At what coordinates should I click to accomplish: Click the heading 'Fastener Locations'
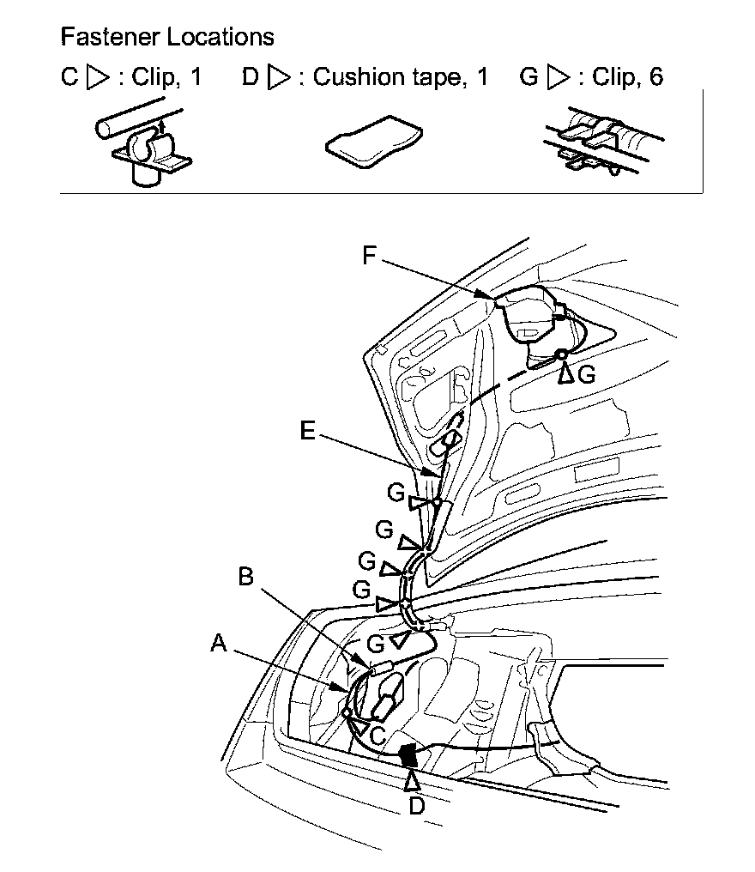pyautogui.click(x=167, y=37)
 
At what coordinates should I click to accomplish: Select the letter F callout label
pyautogui.click(x=370, y=257)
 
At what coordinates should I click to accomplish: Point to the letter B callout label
pyautogui.click(x=246, y=577)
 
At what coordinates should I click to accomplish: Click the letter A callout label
pyautogui.click(x=220, y=643)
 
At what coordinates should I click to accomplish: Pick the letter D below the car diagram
pyautogui.click(x=415, y=806)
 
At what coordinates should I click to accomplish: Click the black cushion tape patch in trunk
pyautogui.click(x=409, y=756)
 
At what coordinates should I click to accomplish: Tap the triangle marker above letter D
pyautogui.click(x=413, y=780)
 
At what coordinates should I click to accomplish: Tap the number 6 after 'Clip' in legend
pyautogui.click(x=656, y=77)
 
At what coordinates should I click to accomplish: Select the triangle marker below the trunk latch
pyautogui.click(x=565, y=372)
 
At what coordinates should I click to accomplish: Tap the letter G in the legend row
pyautogui.click(x=529, y=77)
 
